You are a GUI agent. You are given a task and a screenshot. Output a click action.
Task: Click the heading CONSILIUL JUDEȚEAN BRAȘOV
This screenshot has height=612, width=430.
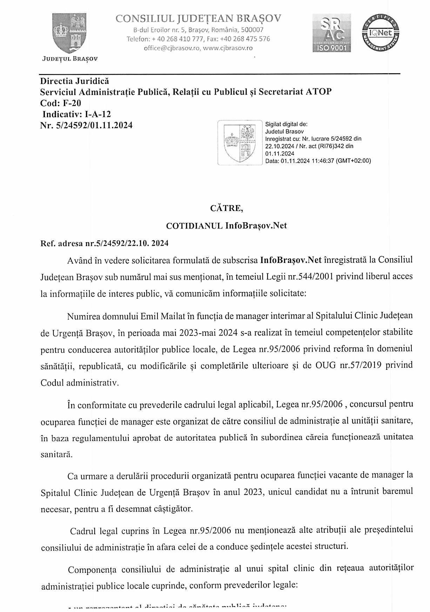(x=198, y=19)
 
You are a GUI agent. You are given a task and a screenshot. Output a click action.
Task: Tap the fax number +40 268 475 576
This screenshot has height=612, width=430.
(x=247, y=39)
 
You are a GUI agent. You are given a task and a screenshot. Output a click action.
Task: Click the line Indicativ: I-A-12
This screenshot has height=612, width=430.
(x=77, y=114)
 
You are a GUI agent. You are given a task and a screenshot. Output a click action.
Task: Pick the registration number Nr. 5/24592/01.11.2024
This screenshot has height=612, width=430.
(x=87, y=125)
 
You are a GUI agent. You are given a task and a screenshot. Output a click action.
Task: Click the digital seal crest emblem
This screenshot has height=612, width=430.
(x=240, y=142)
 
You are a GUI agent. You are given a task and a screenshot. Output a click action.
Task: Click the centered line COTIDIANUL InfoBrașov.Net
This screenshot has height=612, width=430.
(x=226, y=225)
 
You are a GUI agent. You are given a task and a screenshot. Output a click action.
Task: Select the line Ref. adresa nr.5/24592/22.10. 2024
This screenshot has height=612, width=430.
(x=105, y=243)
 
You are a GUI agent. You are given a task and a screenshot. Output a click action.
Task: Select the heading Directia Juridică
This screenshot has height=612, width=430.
(x=75, y=81)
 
